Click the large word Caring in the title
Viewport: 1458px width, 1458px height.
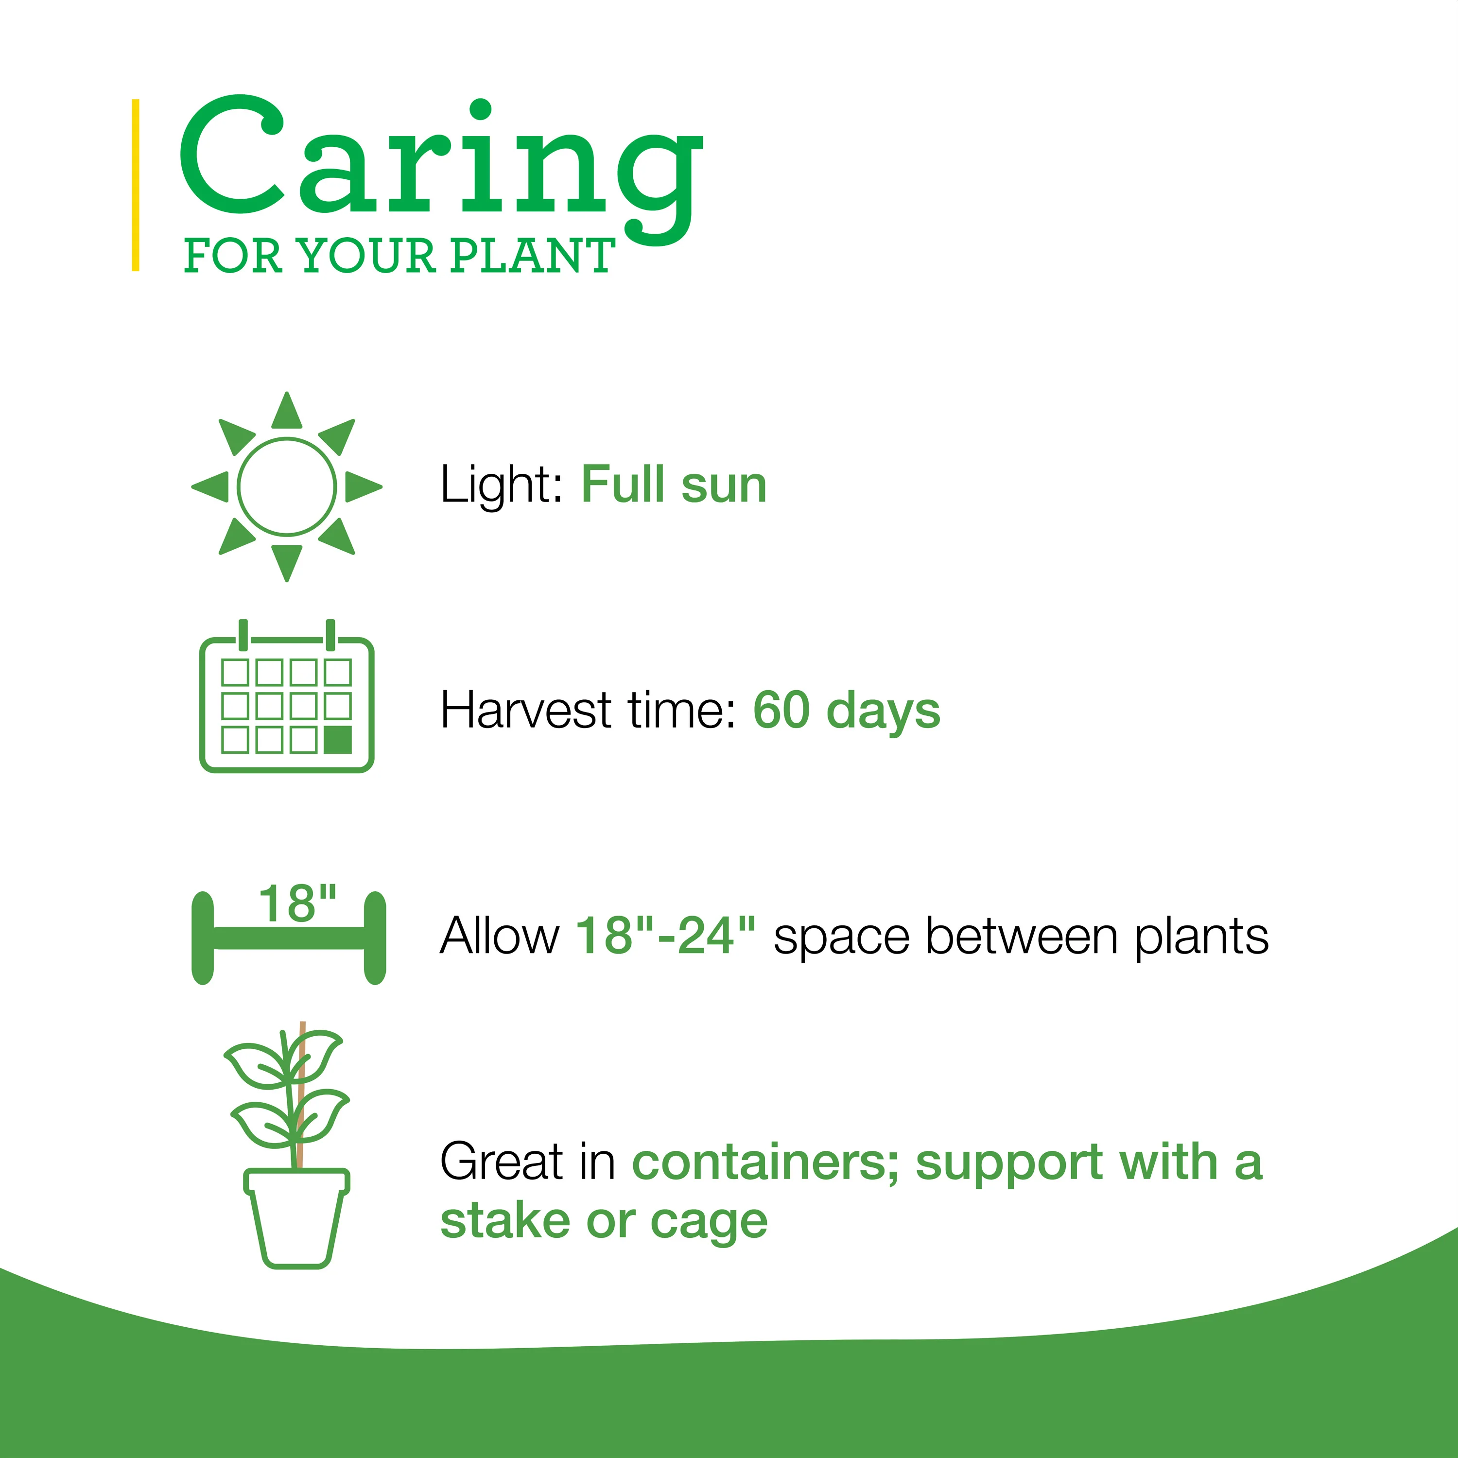[441, 170]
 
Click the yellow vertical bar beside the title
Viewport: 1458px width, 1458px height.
[136, 185]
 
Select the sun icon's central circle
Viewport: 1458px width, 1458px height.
[287, 487]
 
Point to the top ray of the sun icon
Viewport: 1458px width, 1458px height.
[287, 411]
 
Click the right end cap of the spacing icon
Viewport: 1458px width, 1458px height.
[375, 937]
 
